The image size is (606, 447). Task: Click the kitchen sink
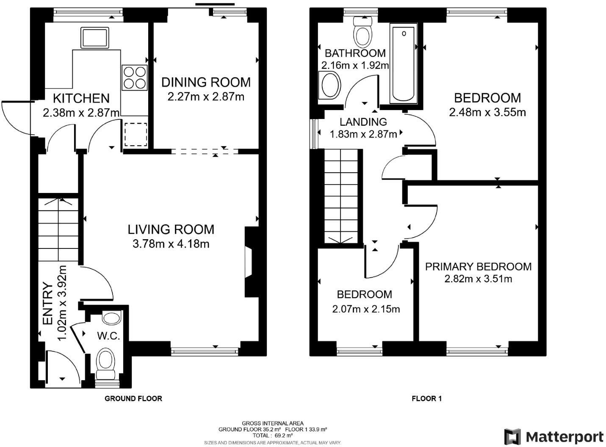95,38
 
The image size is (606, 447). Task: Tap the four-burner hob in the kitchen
135,77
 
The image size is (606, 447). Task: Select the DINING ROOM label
206,82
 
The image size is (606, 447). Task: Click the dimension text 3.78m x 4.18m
171,244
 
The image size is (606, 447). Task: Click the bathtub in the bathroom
404,63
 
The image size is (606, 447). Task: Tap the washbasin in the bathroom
330,86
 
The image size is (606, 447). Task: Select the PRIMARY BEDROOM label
478,267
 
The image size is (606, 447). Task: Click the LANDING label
363,122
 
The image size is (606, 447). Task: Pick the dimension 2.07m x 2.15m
366,309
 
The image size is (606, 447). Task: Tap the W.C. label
108,336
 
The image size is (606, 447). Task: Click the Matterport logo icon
512,436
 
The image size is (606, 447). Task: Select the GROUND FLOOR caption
133,398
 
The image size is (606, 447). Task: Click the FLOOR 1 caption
426,398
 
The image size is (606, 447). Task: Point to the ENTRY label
48,304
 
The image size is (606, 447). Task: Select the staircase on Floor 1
341,197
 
